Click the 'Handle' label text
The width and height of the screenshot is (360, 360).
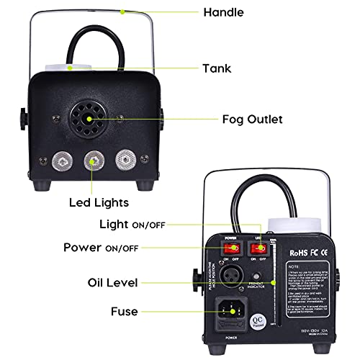tap(224, 12)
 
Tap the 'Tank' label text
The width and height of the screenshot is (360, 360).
tap(216, 68)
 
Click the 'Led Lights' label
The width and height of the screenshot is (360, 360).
tap(98, 202)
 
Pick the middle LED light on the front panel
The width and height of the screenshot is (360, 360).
tap(93, 158)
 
